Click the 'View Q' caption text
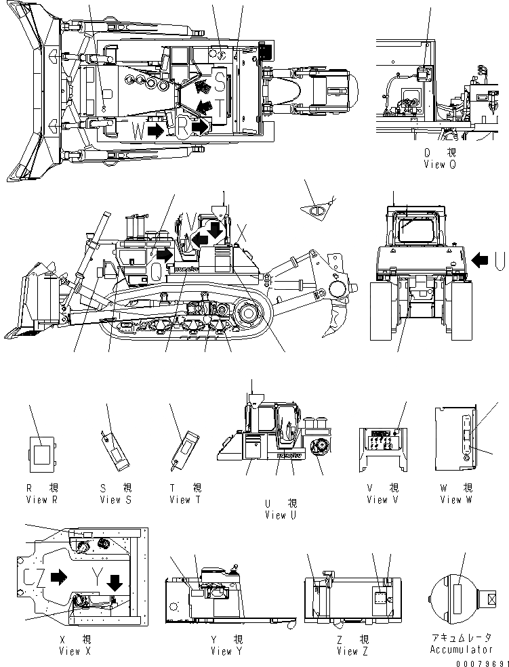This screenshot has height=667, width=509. tap(444, 164)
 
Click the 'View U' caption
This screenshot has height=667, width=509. tap(277, 515)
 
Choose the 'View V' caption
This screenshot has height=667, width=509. tap(377, 500)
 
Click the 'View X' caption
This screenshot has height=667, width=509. tap(79, 651)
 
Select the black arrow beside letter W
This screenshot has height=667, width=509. tap(155, 130)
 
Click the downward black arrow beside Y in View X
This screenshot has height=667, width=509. tap(115, 581)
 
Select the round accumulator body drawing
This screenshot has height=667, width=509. tap(456, 598)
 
